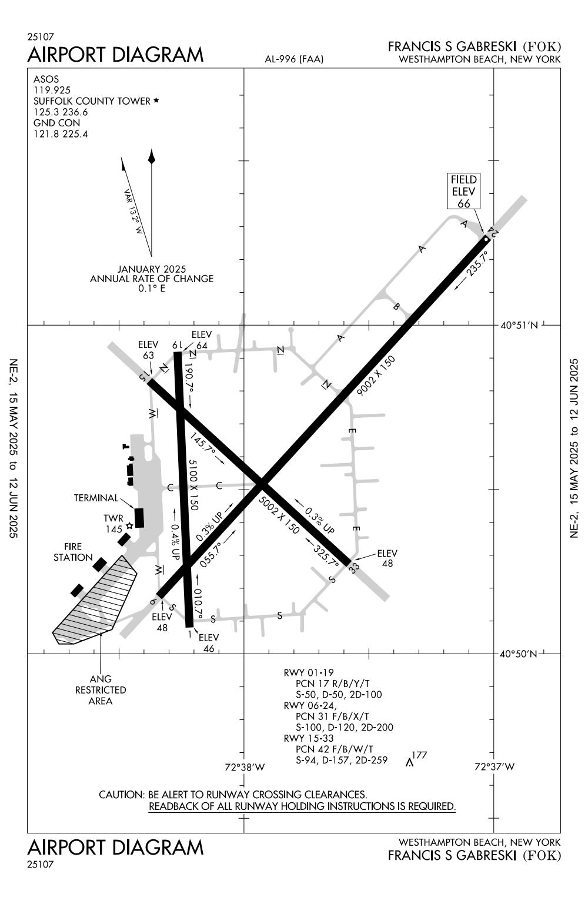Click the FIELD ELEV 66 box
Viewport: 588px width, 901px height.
point(463,191)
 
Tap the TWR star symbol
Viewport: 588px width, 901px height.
point(129,526)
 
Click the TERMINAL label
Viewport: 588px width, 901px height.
point(96,498)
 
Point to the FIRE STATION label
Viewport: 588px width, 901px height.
point(73,551)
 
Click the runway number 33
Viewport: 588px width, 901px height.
point(353,568)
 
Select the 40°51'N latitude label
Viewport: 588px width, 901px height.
point(519,325)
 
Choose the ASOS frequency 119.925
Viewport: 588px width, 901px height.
point(52,90)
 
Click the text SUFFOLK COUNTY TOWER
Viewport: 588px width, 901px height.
point(92,101)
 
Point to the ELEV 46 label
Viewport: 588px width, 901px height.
point(209,643)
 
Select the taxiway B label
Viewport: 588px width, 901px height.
point(396,306)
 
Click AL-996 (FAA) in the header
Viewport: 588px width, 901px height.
point(294,59)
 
